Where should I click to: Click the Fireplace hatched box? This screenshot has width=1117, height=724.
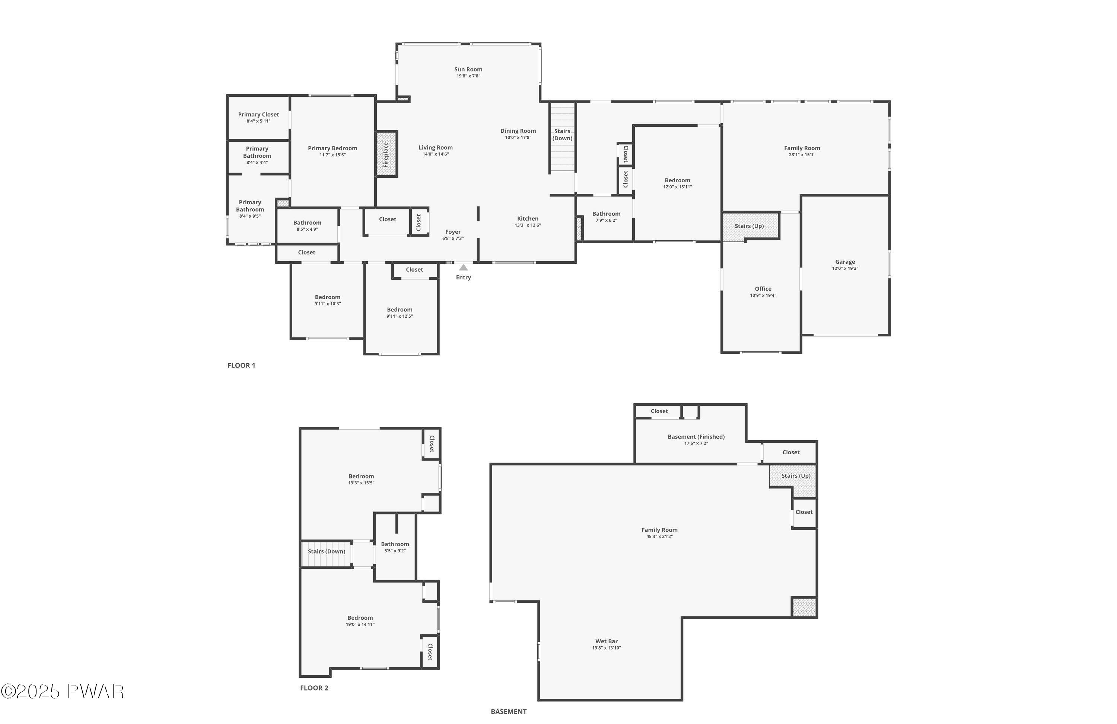click(386, 154)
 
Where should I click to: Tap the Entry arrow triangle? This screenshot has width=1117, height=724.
click(463, 267)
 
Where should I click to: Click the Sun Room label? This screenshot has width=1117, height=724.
click(468, 70)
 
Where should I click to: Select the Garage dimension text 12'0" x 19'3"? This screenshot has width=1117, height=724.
click(845, 269)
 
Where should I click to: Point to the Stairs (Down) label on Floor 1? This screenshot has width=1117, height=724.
click(562, 135)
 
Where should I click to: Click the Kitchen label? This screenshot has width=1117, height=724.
click(528, 218)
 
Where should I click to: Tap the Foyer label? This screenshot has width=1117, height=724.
click(452, 232)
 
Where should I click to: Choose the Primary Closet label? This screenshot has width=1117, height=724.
click(258, 115)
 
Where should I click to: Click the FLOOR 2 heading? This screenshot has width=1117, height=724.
click(314, 688)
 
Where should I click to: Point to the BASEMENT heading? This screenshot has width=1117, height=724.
click(508, 711)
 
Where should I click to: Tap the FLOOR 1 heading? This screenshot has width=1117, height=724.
click(241, 365)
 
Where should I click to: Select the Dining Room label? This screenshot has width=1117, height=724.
click(518, 131)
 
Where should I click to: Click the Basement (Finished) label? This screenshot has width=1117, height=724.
click(696, 436)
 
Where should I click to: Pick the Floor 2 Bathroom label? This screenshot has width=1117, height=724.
click(395, 544)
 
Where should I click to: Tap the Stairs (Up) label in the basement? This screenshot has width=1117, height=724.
click(796, 475)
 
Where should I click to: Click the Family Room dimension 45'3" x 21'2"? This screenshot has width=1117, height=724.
click(659, 536)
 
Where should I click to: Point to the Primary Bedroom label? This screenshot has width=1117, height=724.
click(332, 148)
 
